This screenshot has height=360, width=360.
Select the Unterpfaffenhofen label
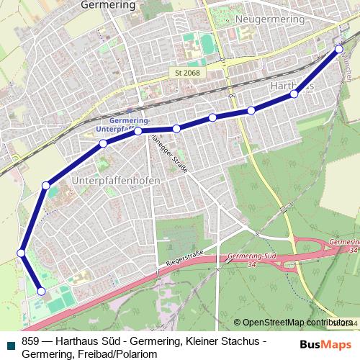[x=116, y=179]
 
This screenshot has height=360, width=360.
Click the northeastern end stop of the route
[x=339, y=49]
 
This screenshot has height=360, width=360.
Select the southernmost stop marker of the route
[x=41, y=292]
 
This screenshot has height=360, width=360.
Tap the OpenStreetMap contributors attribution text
[x=297, y=323]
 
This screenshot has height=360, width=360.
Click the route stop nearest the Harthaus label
[x=294, y=94]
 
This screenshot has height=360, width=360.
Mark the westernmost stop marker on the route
[x=22, y=253]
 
